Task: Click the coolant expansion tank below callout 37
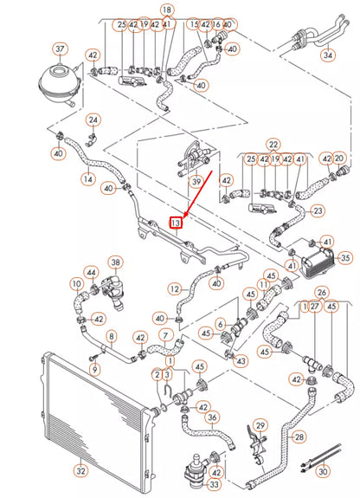coord(58,81)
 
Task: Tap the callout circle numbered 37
coord(60,49)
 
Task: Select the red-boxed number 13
coord(176,223)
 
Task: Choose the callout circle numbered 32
coord(80,471)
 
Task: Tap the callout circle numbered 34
coord(327,55)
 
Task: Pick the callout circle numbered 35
coord(345,257)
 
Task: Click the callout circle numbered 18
coord(167,10)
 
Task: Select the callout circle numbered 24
coord(93,120)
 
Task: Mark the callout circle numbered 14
coord(87,178)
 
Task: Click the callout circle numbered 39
coord(196,182)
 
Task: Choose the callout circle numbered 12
coord(175,288)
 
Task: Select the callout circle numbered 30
coord(323,471)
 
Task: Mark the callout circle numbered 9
coord(95,369)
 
